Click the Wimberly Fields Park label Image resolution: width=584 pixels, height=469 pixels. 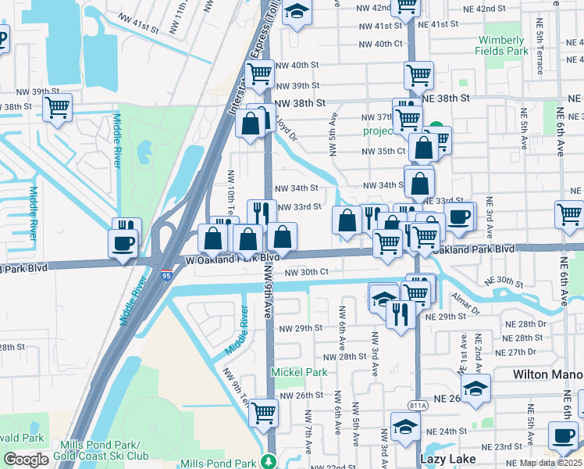500,45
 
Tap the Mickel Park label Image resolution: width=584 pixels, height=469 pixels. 299,373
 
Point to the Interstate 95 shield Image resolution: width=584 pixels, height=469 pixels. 167,276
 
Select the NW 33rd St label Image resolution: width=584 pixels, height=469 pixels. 299,207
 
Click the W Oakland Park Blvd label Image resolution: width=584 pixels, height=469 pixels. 233,258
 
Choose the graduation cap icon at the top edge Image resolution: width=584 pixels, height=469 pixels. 297,12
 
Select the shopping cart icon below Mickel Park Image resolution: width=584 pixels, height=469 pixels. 264,412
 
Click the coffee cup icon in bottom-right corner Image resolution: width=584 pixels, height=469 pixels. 564,435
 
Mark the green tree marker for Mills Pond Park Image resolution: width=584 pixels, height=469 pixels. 269,462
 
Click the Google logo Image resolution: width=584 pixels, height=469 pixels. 26,460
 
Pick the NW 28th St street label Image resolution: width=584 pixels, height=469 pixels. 341,356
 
